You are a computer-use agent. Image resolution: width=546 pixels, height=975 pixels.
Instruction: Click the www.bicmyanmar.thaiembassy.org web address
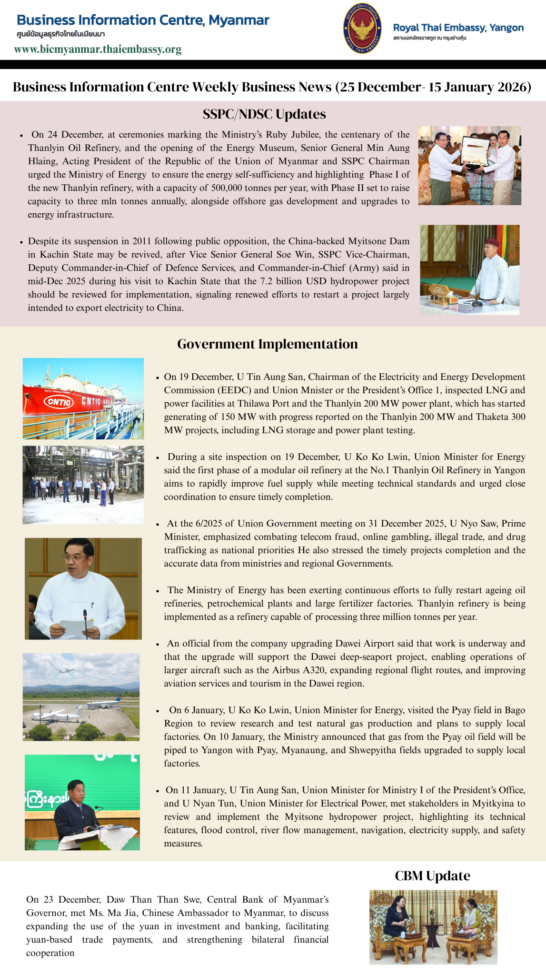98,50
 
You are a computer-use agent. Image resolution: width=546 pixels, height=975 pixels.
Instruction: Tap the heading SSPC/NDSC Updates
264,114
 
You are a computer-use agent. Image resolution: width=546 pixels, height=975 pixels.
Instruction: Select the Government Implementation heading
267,344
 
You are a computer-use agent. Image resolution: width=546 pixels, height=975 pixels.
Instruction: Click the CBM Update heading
432,876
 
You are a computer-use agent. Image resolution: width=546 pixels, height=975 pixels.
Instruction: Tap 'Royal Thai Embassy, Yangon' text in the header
458,28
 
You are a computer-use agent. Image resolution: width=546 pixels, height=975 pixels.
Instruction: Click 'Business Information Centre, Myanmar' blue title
143,20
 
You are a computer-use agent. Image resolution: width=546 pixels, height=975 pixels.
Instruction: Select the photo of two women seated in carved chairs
433,927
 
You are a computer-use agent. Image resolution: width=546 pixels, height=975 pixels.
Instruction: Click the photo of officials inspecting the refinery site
83,485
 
